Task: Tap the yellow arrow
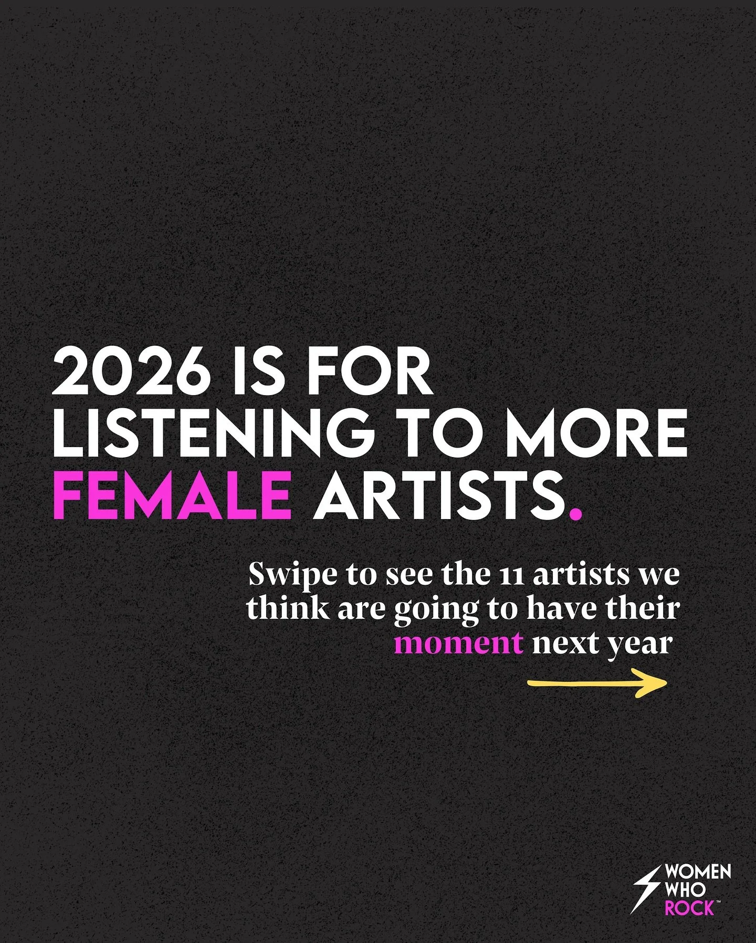coord(597,683)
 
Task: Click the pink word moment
coord(458,643)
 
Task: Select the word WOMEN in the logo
coord(698,872)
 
